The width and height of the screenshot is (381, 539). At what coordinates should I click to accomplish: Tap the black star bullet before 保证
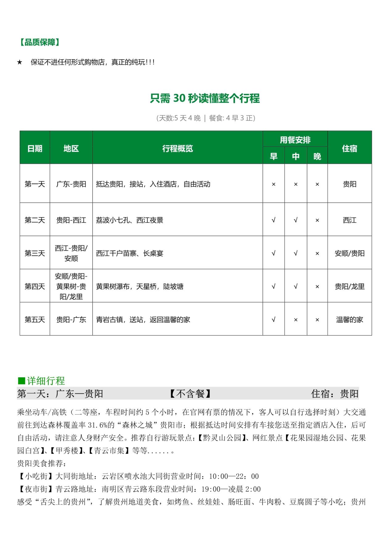[x=20, y=62]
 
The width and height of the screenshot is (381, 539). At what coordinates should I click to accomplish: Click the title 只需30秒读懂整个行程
[x=205, y=98]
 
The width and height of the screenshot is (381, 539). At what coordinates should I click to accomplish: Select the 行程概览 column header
[x=178, y=148]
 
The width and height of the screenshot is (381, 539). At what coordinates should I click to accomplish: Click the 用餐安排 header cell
[x=295, y=140]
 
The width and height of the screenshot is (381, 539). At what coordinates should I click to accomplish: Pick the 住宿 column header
[x=350, y=148]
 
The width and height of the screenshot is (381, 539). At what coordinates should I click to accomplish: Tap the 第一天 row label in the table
[x=35, y=184]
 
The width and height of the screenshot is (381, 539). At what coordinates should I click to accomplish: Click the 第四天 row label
[x=35, y=287]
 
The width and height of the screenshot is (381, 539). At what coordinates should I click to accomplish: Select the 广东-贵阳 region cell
[x=71, y=184]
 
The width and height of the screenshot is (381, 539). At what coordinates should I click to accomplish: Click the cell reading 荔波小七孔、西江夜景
[x=129, y=220]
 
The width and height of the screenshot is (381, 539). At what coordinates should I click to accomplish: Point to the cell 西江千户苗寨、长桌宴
[x=129, y=254]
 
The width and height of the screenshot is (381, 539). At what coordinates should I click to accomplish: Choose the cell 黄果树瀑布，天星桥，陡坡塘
[x=140, y=287]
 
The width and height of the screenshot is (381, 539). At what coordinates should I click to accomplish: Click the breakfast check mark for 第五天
[x=273, y=320]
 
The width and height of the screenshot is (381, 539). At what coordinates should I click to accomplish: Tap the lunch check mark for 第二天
[x=296, y=220]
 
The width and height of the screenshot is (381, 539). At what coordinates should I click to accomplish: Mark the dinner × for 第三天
[x=317, y=254]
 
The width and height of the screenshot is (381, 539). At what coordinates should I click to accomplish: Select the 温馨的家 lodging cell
[x=350, y=320]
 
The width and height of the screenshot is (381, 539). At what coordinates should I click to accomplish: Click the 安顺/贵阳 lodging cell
[x=350, y=254]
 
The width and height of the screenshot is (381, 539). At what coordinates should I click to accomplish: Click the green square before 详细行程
[x=22, y=381]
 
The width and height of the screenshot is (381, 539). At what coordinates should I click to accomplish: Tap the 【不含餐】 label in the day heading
[x=191, y=394]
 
